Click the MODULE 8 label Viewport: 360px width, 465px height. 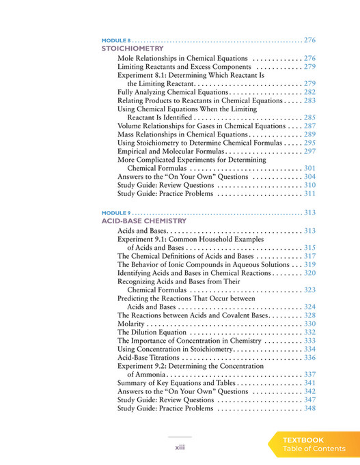coord(114,40)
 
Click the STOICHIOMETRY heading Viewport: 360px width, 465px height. coord(132,49)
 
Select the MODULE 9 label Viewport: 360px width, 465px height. coord(114,212)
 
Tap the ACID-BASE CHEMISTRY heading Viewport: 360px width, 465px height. coord(143,221)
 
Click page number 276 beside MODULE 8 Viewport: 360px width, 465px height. coord(309,40)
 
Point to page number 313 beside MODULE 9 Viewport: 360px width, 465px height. coord(309,212)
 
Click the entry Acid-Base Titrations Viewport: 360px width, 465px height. coord(148,357)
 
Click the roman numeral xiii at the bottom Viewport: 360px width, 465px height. coord(180,447)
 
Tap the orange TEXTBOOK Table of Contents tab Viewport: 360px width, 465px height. coord(314,445)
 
